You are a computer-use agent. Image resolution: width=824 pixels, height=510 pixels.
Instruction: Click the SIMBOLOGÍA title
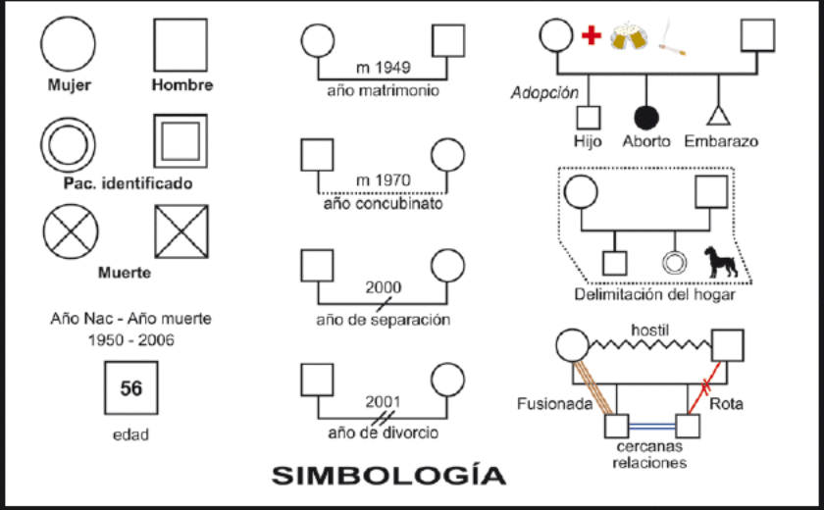tap(388, 476)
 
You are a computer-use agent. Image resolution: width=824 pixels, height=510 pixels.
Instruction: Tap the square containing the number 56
tap(131, 388)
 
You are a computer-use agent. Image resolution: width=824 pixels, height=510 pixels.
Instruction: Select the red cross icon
tap(591, 36)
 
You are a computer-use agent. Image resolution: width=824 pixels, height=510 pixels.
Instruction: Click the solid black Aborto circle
tap(644, 117)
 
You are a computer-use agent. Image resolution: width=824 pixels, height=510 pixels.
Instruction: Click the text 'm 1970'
tap(384, 180)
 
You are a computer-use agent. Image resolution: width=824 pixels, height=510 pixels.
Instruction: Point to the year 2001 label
tap(383, 401)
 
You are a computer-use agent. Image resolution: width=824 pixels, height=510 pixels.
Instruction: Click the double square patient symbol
tap(180, 142)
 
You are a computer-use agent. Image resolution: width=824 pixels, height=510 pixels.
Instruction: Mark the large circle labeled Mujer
tap(69, 45)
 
